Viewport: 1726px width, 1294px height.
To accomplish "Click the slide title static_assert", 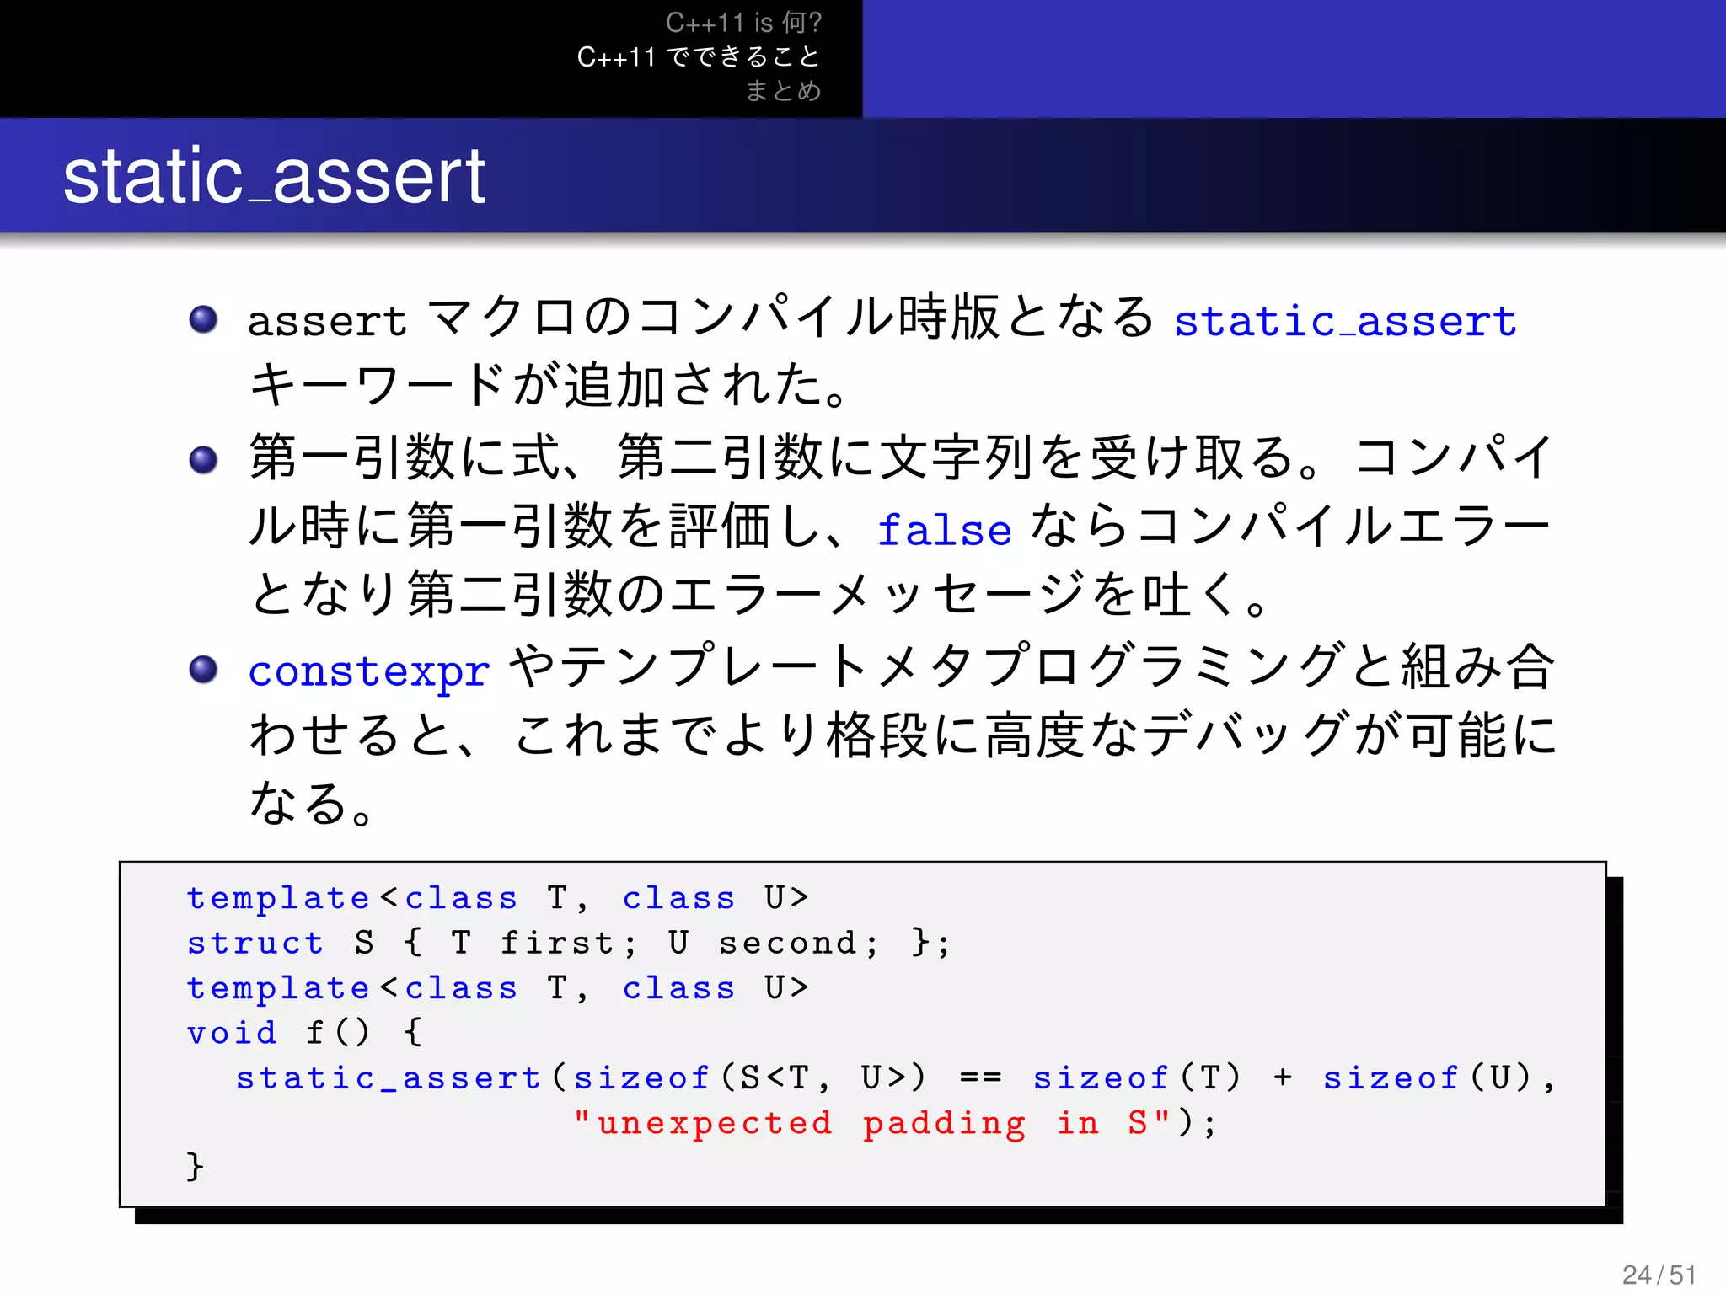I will [274, 177].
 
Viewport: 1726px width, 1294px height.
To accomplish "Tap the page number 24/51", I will [1659, 1275].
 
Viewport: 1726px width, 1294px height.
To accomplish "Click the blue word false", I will [944, 530].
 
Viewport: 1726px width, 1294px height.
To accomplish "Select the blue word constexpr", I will [369, 671].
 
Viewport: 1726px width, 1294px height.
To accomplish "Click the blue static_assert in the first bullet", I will [1345, 321].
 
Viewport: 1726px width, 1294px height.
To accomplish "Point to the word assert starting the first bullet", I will [327, 321].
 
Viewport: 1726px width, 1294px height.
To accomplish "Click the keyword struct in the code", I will [255, 943].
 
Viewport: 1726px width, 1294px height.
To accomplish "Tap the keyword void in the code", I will [232, 1033].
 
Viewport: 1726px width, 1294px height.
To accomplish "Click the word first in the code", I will [558, 943].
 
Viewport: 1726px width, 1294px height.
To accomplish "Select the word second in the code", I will [788, 943].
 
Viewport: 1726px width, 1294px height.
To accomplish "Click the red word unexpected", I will [715, 1123].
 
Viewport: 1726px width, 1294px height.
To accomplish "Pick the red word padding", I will [944, 1123].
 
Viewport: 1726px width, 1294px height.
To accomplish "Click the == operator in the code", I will [980, 1077].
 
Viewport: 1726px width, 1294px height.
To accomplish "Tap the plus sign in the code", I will [1283, 1077].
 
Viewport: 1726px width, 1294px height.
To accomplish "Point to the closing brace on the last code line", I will [195, 1167].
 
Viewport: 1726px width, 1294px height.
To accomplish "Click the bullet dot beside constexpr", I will [203, 670].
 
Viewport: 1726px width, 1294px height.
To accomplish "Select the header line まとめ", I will [783, 90].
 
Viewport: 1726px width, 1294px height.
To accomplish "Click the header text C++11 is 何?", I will [743, 23].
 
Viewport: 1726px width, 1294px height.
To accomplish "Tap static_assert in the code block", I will [388, 1077].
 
